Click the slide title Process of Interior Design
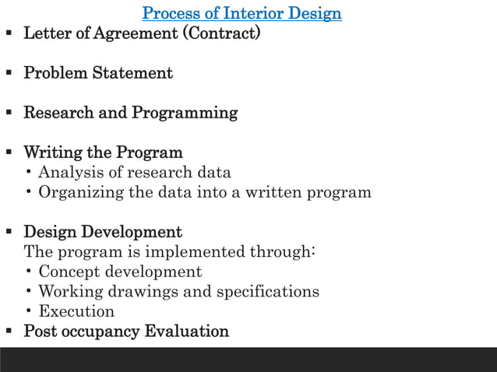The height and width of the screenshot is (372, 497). point(242,14)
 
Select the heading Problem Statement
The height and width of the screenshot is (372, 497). point(98,74)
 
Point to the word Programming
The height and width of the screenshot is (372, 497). point(185,114)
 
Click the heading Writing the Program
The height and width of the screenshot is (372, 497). point(103,153)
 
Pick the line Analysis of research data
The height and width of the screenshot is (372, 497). point(134,173)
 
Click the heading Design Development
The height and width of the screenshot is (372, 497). point(103,233)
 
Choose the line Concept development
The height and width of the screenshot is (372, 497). point(120,272)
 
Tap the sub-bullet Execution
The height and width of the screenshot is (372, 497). point(76,312)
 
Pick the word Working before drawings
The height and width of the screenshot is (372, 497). point(71,292)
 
